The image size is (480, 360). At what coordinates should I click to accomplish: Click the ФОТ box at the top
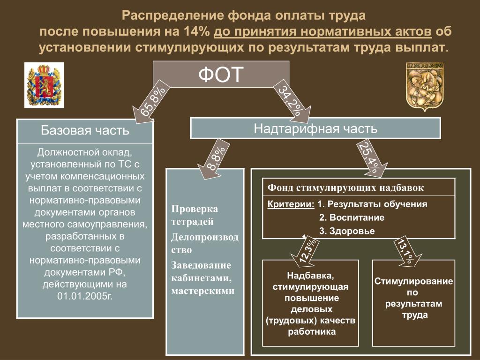tap(221, 74)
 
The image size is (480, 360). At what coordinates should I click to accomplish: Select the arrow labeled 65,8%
tap(150, 102)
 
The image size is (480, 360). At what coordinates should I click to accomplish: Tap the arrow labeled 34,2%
tap(291, 101)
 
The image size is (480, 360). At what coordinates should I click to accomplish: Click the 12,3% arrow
tap(306, 251)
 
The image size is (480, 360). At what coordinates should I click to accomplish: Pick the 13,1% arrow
tap(407, 251)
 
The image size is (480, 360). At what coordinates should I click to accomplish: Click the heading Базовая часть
tap(85, 131)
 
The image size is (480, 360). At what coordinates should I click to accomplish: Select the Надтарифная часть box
tap(315, 128)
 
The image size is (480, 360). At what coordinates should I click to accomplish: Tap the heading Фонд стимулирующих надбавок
tap(345, 187)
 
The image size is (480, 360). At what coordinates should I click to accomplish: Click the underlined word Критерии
tap(291, 204)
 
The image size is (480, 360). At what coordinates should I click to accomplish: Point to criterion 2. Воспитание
tap(352, 217)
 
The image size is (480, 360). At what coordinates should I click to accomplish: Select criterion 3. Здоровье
tap(347, 231)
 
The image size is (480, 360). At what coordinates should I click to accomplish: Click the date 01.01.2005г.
tap(85, 296)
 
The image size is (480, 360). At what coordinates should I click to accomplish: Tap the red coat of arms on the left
tap(44, 85)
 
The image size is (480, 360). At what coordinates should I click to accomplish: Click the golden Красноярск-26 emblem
tap(425, 87)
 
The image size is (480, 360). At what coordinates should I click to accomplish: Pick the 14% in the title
tap(196, 31)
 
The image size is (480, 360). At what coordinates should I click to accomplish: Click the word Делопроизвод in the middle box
tap(205, 237)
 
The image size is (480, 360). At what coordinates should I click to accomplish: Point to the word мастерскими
tap(202, 291)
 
